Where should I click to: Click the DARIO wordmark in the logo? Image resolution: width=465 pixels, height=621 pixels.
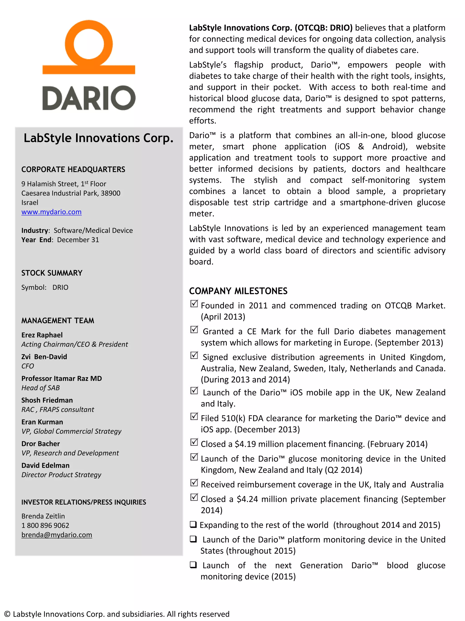89,98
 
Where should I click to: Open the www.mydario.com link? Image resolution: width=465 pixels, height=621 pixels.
51,212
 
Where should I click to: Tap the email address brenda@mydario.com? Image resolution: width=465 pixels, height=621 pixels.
57,535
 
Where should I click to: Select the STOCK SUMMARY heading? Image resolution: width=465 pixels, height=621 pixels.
52,273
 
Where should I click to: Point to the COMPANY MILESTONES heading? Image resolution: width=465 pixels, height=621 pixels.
238,291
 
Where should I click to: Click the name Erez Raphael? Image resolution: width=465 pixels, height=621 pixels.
42,335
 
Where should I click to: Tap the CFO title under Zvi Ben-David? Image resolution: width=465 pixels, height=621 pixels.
27,366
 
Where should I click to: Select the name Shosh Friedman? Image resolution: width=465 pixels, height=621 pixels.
47,400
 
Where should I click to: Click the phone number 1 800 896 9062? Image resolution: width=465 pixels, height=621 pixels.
45,525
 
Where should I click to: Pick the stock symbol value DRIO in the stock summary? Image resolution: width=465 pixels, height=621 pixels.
60,287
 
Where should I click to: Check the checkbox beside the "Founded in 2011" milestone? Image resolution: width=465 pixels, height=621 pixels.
194,304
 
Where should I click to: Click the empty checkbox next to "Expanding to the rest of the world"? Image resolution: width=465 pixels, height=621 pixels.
193,524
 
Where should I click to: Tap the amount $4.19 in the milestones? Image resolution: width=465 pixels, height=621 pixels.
245,444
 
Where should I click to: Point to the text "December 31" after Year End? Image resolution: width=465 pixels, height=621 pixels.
78,240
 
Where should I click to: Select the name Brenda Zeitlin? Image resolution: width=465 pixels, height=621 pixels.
43,516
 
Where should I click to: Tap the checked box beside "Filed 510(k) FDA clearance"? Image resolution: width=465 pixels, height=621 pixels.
194,416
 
